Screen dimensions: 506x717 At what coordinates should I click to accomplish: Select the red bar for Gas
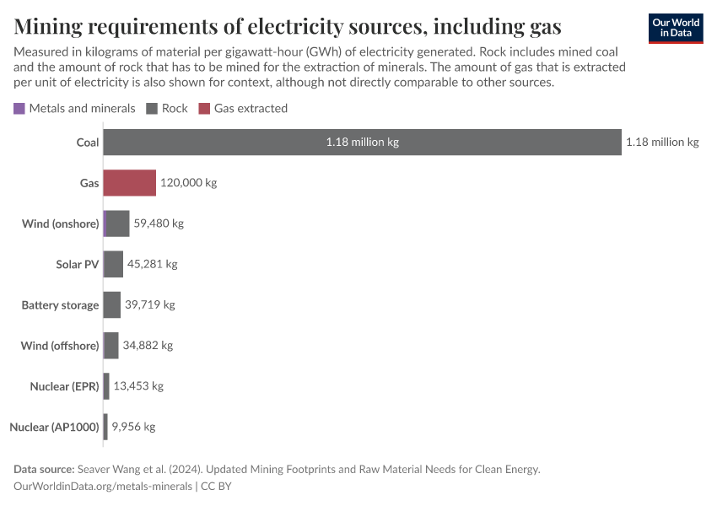click(x=130, y=183)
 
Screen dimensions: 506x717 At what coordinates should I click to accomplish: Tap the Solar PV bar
click(x=113, y=264)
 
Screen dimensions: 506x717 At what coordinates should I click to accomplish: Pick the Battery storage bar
click(x=112, y=304)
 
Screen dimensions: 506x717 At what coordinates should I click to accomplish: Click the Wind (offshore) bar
click(x=111, y=345)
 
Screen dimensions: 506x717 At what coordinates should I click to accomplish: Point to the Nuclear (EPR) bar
click(x=106, y=385)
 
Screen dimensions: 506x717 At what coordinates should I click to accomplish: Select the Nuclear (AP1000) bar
click(x=105, y=427)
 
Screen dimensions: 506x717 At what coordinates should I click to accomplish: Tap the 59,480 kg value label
click(x=159, y=223)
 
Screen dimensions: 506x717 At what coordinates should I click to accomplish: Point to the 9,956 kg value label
click(x=133, y=427)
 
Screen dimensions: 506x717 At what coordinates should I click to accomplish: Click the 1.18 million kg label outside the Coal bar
click(x=662, y=143)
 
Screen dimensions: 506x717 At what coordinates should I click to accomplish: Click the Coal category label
click(x=87, y=143)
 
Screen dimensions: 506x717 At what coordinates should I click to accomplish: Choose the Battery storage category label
click(x=60, y=304)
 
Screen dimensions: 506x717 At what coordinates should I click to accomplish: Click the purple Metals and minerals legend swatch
click(x=19, y=109)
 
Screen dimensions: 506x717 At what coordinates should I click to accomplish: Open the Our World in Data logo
click(x=676, y=28)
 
